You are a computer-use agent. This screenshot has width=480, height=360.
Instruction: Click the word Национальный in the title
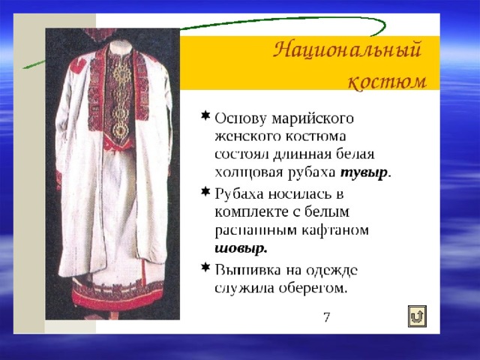click(347, 50)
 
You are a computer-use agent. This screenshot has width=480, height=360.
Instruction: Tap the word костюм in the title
click(388, 81)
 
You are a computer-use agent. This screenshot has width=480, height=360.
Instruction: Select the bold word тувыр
click(364, 172)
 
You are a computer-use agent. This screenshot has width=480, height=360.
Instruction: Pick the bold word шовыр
click(241, 248)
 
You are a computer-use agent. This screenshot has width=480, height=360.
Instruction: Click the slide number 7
click(327, 317)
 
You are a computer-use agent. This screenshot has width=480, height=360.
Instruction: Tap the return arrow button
click(417, 316)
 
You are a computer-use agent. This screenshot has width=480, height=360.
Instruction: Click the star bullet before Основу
click(205, 115)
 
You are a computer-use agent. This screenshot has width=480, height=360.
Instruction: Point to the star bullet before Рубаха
click(205, 192)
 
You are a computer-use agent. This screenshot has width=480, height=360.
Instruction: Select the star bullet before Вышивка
click(205, 268)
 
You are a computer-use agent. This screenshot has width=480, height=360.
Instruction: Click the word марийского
click(313, 118)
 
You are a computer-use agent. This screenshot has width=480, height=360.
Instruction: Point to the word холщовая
click(249, 173)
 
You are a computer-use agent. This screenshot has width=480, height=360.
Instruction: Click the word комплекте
click(252, 211)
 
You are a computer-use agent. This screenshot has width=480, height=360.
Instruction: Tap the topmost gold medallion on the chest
click(121, 74)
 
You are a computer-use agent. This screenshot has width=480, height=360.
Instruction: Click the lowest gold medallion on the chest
click(121, 130)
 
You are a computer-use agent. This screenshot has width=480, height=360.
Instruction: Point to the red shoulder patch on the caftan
click(78, 67)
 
